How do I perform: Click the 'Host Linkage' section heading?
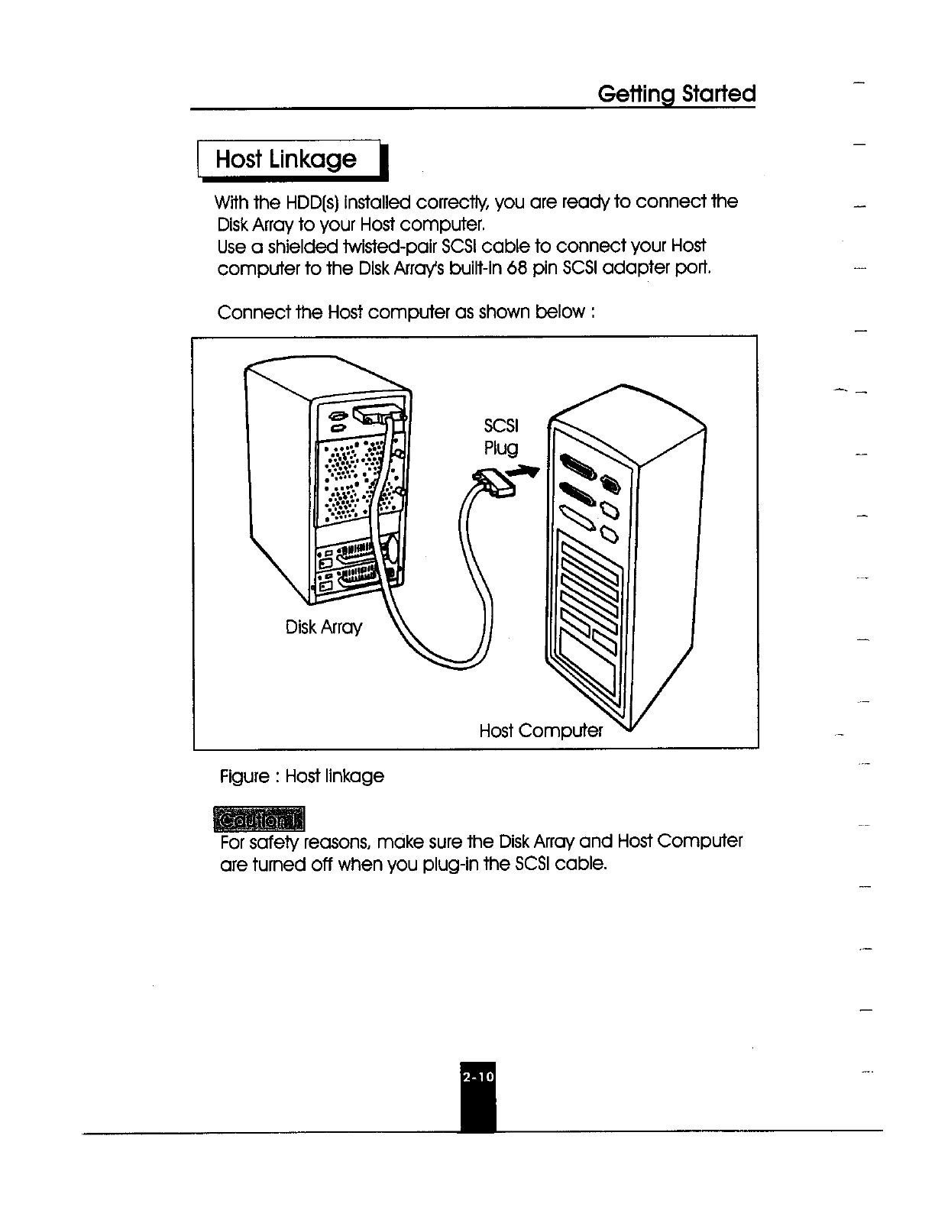click(286, 160)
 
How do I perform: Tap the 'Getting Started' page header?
click(676, 94)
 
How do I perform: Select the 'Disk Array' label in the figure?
click(323, 628)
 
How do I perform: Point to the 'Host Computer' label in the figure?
click(540, 731)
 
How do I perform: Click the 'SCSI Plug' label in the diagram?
click(501, 437)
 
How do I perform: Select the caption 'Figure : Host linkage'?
click(302, 776)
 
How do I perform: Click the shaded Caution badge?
click(260, 818)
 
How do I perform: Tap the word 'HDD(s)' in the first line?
click(310, 202)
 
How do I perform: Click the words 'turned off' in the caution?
click(294, 865)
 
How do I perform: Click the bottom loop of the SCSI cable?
click(451, 658)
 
